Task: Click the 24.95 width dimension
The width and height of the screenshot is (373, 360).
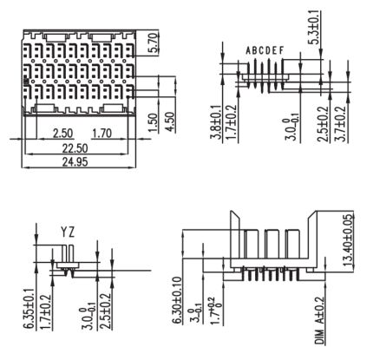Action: pyautogui.click(x=75, y=161)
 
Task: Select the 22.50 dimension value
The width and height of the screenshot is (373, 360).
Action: pyautogui.click(x=75, y=148)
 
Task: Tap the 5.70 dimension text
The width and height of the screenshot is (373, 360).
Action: pyautogui.click(x=154, y=43)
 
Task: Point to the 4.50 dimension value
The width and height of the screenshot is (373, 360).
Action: pyautogui.click(x=171, y=122)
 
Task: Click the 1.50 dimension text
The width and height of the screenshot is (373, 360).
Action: pyautogui.click(x=154, y=123)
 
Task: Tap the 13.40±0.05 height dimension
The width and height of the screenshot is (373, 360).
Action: pyautogui.click(x=348, y=240)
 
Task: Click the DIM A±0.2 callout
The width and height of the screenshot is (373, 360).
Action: pyautogui.click(x=320, y=320)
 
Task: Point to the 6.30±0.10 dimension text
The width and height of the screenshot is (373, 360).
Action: pyautogui.click(x=178, y=300)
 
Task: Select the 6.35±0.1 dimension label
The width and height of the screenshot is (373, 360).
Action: pyautogui.click(x=29, y=309)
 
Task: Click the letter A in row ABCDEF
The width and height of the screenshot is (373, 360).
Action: pyautogui.click(x=249, y=50)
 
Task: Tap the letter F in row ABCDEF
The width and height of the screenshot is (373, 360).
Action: pyautogui.click(x=282, y=50)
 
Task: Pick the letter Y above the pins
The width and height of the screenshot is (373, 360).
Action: pyautogui.click(x=64, y=232)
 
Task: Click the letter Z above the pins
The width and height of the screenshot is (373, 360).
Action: pyautogui.click(x=71, y=232)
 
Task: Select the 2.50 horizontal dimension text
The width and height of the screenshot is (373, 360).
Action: pyautogui.click(x=63, y=134)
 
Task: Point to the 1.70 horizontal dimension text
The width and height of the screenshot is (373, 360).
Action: pyautogui.click(x=101, y=134)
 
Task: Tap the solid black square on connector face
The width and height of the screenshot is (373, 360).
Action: pyautogui.click(x=26, y=80)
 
